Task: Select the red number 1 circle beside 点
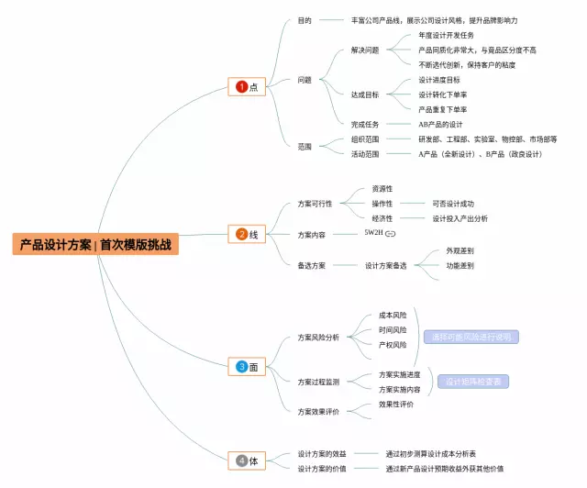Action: [242, 87]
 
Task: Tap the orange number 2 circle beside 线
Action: [242, 234]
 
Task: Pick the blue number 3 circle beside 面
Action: [242, 367]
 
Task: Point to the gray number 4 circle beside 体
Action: [242, 460]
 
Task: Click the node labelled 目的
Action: [305, 19]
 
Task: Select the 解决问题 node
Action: [364, 50]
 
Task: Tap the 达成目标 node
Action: [364, 94]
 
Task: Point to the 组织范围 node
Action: [364, 139]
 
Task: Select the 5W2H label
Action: [372, 234]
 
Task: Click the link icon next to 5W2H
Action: [390, 235]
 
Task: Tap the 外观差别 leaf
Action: [460, 250]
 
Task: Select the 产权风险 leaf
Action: [393, 345]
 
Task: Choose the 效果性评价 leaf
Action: [396, 404]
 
